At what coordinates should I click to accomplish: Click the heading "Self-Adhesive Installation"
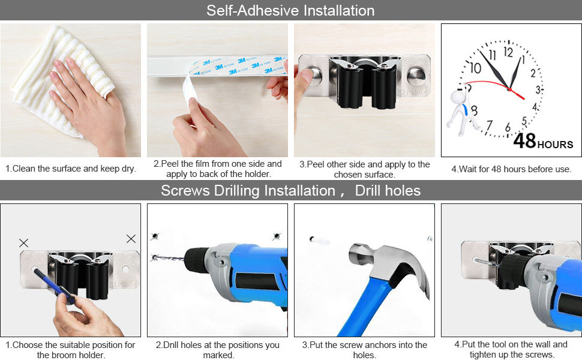click(290, 11)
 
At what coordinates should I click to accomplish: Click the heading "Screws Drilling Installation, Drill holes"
click(290, 191)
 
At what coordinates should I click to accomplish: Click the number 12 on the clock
click(508, 52)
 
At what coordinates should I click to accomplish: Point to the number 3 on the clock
click(538, 89)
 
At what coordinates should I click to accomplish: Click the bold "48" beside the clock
click(524, 142)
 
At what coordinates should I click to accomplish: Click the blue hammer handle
click(360, 312)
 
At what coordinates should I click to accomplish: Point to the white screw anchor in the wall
click(319, 241)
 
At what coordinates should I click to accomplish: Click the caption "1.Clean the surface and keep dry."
click(71, 169)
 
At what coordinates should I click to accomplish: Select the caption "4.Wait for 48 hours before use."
click(511, 169)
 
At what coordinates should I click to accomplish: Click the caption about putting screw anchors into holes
click(364, 350)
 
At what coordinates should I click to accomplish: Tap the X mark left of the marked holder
click(23, 243)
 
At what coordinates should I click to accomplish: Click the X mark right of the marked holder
click(131, 239)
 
